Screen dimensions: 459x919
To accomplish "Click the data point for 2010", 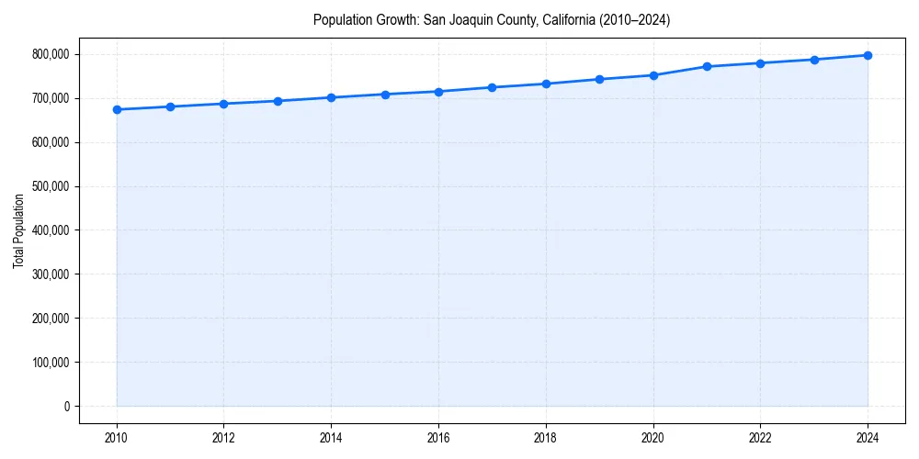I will coord(117,109).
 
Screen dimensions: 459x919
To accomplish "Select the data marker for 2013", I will coord(278,101).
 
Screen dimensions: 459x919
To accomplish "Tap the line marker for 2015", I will coord(385,95).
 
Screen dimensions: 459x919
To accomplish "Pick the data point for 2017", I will coord(493,87).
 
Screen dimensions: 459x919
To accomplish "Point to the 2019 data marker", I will coord(599,79).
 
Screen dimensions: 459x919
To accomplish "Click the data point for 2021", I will coord(707,66).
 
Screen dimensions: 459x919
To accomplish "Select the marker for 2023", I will coord(814,60).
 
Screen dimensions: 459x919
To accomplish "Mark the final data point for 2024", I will coord(868,55).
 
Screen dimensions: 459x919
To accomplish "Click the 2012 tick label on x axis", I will coord(223,438).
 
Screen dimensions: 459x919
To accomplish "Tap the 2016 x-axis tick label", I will coord(438,438).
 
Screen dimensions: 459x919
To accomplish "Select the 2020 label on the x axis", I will coord(653,438).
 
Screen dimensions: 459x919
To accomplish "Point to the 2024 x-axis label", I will coord(868,438).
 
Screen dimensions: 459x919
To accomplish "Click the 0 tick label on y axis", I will coord(66,407).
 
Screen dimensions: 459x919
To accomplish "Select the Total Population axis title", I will coord(18,230).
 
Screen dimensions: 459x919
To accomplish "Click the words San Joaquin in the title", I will coord(457,19).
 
